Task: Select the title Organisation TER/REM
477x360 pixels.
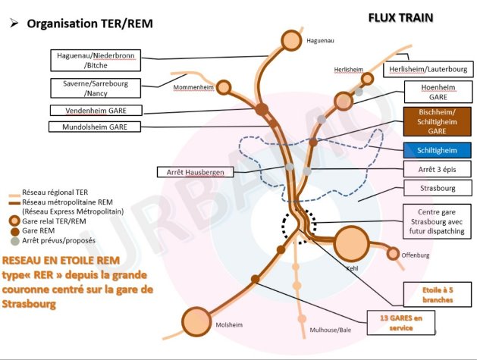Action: coord(89,24)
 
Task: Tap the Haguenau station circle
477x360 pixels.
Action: coord(291,39)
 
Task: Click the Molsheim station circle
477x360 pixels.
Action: coord(196,320)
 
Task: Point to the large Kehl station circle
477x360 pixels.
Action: coord(350,243)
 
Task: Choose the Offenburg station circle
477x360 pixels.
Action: coord(393,254)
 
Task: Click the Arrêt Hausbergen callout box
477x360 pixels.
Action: coord(195,172)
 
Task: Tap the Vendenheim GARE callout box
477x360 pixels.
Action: coord(95,111)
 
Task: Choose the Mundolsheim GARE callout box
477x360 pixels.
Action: coord(95,127)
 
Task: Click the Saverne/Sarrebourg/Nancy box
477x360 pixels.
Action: coord(95,89)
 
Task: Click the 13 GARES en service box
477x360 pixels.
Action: coord(397,323)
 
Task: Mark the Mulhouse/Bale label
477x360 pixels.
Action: coord(331,330)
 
